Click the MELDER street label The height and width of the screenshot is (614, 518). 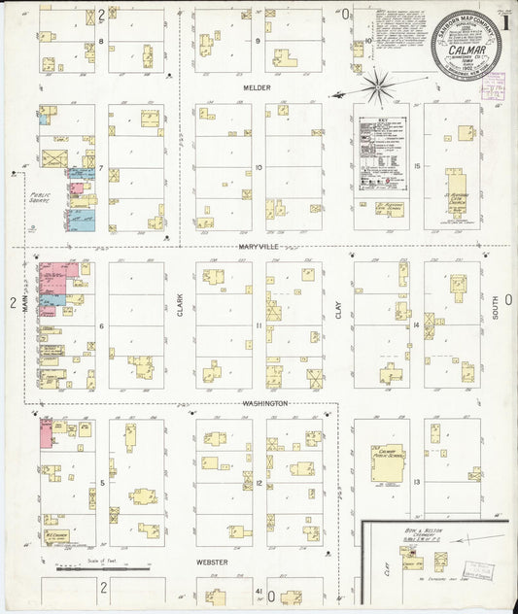[x=258, y=87]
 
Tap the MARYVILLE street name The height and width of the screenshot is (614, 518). [x=259, y=247]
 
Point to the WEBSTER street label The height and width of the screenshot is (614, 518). [x=212, y=563]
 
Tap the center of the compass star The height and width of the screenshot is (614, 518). [x=376, y=88]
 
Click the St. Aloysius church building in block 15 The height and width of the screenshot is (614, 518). [x=456, y=190]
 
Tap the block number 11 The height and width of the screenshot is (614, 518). [x=259, y=325]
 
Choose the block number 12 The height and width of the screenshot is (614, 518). [x=259, y=483]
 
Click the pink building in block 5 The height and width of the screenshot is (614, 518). [x=46, y=434]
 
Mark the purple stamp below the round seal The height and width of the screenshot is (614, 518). [x=492, y=87]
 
